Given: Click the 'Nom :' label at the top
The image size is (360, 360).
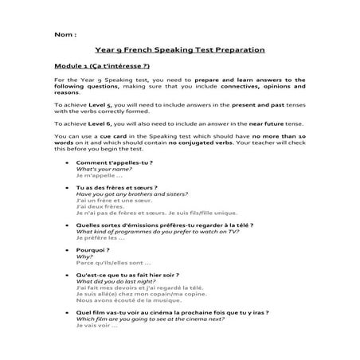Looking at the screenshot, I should click(x=65, y=35).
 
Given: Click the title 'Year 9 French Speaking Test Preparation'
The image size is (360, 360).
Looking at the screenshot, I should click(x=179, y=50).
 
